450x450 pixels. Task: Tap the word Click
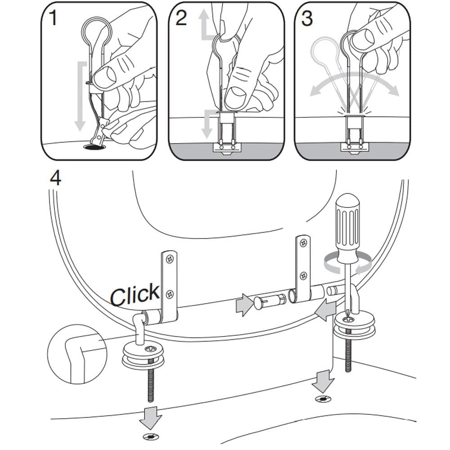click(x=135, y=295)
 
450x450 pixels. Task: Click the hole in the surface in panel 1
click(x=94, y=146)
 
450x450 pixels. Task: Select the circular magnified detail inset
click(x=76, y=354)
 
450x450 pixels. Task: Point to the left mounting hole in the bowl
click(x=151, y=436)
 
